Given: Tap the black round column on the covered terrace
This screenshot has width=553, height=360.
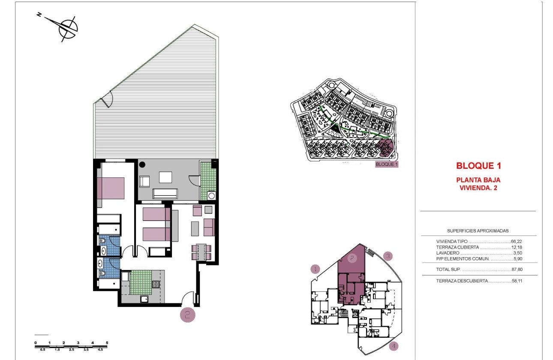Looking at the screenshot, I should (142, 164).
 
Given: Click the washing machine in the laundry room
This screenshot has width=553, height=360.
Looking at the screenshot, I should (211, 196).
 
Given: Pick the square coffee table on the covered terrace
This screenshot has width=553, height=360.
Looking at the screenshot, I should (165, 177).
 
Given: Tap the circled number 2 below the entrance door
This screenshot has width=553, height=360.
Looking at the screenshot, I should (187, 315).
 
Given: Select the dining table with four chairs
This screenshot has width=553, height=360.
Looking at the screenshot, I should (201, 252).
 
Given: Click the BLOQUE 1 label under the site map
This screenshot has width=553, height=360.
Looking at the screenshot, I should (387, 164).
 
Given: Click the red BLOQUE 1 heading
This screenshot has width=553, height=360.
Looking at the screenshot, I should (478, 166).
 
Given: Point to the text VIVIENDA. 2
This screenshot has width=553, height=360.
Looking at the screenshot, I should (478, 187).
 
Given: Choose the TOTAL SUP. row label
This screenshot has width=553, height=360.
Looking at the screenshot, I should (448, 270).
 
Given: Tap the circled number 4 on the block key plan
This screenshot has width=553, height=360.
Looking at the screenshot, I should (394, 346).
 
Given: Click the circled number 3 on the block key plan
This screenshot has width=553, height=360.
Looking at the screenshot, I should (388, 256).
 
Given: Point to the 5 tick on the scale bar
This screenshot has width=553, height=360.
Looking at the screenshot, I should (107, 343).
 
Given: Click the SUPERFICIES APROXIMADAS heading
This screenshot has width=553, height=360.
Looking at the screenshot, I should (478, 231).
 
